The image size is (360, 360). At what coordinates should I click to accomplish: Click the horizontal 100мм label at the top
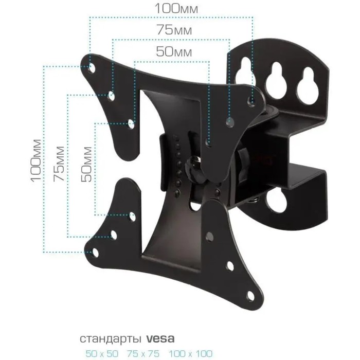click(176, 8)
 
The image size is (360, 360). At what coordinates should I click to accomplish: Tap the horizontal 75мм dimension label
click(174, 30)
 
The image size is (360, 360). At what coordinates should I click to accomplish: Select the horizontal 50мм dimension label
click(174, 51)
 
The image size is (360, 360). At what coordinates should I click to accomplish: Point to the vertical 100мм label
click(36, 160)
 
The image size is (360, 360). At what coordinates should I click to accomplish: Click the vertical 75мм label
click(59, 164)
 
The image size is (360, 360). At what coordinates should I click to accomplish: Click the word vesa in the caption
click(160, 338)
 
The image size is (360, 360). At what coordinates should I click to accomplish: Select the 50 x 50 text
click(102, 353)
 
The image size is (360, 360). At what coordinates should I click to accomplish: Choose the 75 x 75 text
click(143, 353)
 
